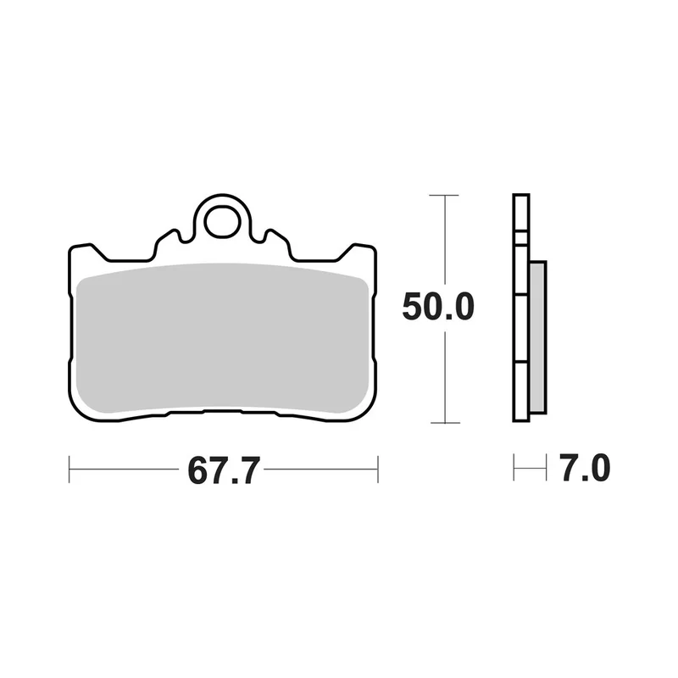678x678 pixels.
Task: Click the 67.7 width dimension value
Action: (x=224, y=470)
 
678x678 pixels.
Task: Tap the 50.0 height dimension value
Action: (x=438, y=307)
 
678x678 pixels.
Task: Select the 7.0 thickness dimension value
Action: (x=584, y=468)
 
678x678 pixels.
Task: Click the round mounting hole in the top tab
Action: (x=222, y=223)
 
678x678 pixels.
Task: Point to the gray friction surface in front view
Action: (x=222, y=338)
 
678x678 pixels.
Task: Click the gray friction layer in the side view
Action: (x=537, y=336)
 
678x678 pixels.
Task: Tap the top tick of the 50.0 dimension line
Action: (x=444, y=196)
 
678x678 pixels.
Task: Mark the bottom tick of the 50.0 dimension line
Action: (x=445, y=422)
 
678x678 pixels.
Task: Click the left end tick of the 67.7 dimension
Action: (x=69, y=469)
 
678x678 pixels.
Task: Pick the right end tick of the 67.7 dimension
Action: (x=378, y=469)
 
